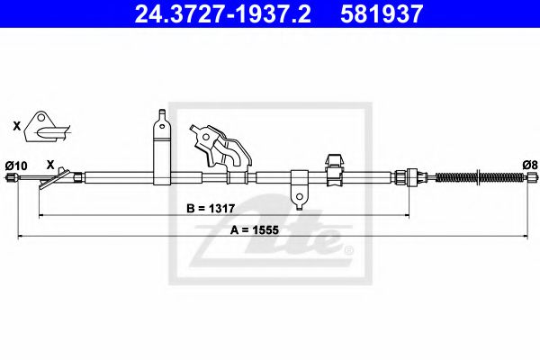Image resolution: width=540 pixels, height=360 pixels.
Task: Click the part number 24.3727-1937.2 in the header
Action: pos(222,14)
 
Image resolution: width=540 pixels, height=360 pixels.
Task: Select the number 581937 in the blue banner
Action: pos(382,14)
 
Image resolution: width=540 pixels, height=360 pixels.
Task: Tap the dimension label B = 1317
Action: pos(211,209)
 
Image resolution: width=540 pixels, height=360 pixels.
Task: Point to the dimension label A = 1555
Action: pos(254,229)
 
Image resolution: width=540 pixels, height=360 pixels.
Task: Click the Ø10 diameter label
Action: pos(16,166)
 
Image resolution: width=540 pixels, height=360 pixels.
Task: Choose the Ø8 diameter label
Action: pos(530,166)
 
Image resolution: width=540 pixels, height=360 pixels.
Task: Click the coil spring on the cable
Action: pos(481,177)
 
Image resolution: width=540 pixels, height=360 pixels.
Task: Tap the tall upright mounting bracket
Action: pos(162,147)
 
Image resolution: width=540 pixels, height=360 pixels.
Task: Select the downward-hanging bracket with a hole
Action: pos(300,190)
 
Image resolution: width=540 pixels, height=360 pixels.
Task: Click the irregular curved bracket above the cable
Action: pos(220,147)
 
